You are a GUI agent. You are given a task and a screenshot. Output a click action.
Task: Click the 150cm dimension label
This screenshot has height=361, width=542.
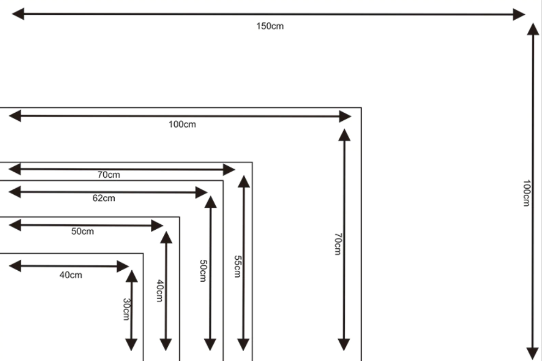(270, 26)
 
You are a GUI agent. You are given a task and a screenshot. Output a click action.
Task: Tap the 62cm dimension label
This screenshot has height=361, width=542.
(103, 198)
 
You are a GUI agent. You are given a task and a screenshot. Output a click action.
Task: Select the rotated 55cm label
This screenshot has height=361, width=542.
(237, 266)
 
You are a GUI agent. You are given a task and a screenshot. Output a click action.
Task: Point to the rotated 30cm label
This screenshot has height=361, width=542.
(126, 310)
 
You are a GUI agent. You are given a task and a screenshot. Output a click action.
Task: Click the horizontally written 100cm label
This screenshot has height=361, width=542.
(182, 124)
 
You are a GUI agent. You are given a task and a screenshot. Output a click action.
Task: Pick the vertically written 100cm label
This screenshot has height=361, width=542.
(526, 193)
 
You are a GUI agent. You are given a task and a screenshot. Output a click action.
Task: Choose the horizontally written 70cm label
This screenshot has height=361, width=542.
(109, 175)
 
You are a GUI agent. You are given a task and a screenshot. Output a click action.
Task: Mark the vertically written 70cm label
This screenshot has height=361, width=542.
(338, 244)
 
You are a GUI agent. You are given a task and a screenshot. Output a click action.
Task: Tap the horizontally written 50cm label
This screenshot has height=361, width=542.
(83, 231)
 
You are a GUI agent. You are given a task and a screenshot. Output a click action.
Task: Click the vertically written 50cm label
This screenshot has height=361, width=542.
(203, 270)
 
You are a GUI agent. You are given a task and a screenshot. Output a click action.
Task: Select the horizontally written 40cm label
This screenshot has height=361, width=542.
(71, 275)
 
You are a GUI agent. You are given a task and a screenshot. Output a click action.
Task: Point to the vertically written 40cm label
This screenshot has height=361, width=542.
(160, 290)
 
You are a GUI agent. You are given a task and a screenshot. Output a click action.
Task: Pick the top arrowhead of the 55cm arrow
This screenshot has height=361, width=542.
(244, 182)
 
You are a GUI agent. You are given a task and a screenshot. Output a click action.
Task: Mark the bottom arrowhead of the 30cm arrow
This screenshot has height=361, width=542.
(131, 345)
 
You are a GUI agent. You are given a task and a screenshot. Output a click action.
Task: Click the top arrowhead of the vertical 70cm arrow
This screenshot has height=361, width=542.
(344, 135)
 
